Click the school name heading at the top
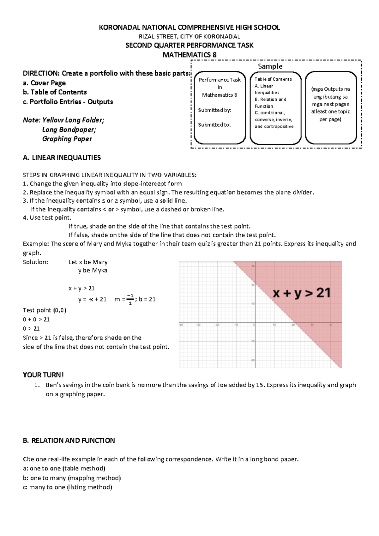[x=189, y=27]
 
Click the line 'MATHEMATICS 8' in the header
[x=189, y=55]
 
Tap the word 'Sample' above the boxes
[x=270, y=66]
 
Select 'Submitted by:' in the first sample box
[x=214, y=110]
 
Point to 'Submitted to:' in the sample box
[x=214, y=125]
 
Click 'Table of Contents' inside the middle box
[x=273, y=79]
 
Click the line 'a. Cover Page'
[x=44, y=83]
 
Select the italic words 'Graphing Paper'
[x=67, y=139]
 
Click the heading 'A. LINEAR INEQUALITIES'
[x=62, y=158]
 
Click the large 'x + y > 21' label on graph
[x=302, y=293]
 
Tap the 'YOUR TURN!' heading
[x=43, y=375]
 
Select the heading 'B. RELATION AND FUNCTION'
[x=69, y=441]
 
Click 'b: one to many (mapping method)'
[x=72, y=478]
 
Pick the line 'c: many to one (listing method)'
[x=67, y=487]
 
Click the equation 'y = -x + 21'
[x=92, y=299]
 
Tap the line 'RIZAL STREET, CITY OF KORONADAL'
[x=189, y=36]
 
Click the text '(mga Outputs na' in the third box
[x=330, y=89]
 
